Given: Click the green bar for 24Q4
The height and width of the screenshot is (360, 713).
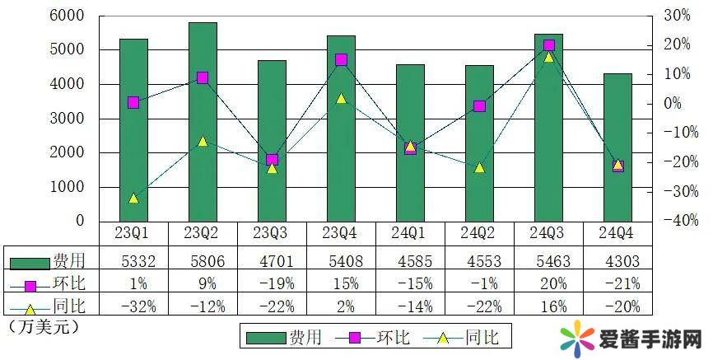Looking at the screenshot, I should (617, 147).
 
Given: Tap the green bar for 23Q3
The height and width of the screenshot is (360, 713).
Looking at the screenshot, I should (272, 141).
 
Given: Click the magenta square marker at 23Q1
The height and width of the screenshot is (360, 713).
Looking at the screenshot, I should (133, 102).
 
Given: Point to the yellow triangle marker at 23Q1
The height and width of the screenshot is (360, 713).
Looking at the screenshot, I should (133, 198).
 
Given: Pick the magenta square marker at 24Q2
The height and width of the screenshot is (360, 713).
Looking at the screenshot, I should (479, 106).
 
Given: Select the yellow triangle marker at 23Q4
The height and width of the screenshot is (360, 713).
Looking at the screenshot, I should (341, 98).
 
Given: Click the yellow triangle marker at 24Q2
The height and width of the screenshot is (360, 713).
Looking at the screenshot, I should (479, 167).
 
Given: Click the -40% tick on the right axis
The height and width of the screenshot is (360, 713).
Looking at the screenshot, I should (676, 221).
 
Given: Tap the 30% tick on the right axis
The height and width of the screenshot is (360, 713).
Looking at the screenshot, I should (676, 16).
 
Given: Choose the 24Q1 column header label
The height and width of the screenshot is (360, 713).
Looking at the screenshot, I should (410, 234).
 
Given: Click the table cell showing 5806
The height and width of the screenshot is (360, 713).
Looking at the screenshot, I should (203, 262).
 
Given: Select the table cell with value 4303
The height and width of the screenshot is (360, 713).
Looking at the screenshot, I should (617, 262).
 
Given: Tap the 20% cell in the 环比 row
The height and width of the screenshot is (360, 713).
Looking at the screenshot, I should (548, 284).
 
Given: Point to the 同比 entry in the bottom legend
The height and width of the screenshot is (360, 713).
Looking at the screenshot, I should (482, 338).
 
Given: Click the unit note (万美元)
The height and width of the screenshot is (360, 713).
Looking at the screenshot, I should (41, 327).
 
